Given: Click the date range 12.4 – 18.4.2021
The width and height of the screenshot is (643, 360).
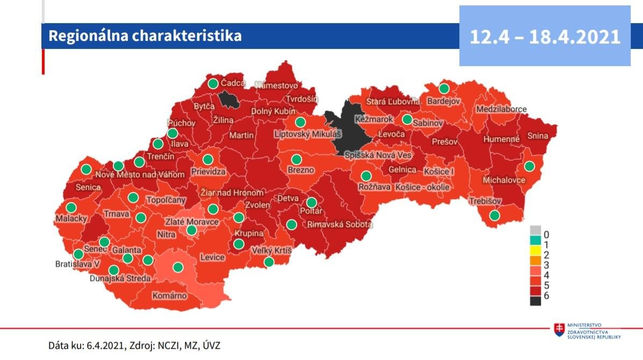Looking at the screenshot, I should tap(545, 37).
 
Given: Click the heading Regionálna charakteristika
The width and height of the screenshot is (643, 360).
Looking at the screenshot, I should tap(145, 36).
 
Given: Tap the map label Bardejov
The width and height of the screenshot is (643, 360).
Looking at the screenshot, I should tap(444, 100).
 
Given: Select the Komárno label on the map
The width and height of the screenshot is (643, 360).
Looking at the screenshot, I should tap(170, 296).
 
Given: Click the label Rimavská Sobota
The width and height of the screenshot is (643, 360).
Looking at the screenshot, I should tap(339, 225).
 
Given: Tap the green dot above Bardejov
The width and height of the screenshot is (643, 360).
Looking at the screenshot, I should tap(444, 88).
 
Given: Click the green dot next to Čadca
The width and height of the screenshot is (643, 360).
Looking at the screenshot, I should tap(213, 83).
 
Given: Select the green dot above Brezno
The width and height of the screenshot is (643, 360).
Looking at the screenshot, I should tap(296, 160).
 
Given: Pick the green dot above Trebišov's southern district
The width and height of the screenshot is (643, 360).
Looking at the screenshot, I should tap(494, 215).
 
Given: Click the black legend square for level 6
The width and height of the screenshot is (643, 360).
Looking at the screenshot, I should tap(536, 301).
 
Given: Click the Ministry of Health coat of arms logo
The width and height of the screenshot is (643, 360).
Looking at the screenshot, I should tap(559, 329).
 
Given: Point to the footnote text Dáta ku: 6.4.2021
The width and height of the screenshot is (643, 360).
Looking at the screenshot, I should tap(86, 345).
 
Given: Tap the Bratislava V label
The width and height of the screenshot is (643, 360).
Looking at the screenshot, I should tap(78, 264).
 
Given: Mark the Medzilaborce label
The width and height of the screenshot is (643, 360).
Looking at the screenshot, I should tap(501, 109).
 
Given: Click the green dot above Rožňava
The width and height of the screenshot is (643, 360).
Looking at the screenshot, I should tap(366, 176).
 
